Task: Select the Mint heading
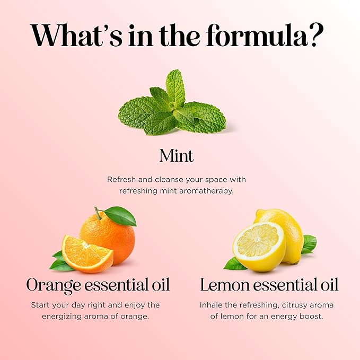click(176, 156)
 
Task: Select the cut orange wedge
click(87, 253)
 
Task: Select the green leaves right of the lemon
click(308, 244)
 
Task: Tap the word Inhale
click(212, 305)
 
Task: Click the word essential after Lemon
click(287, 285)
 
